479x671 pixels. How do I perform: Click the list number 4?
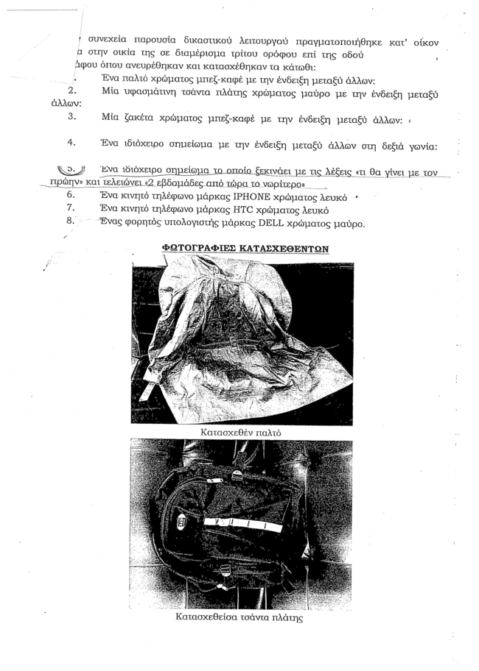click(71, 143)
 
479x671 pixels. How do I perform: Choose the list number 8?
click(70, 222)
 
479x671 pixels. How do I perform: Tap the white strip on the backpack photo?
click(236, 524)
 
